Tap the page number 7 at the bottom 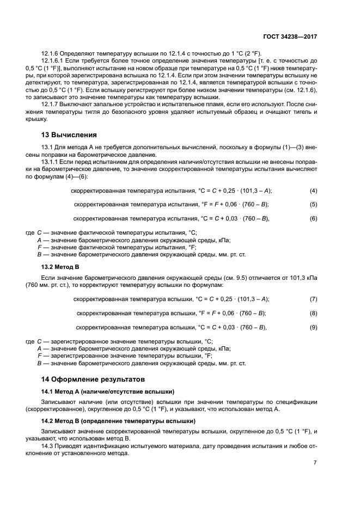[315, 462]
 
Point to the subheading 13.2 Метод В [60, 267]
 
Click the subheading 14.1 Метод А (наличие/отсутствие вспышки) [108, 391]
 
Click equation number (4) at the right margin [313, 191]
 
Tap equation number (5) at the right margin [313, 204]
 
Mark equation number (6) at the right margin [313, 218]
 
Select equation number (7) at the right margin [313, 299]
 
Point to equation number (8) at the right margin [313, 313]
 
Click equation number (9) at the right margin [313, 327]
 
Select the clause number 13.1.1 [51, 162]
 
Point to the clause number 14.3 [48, 446]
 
